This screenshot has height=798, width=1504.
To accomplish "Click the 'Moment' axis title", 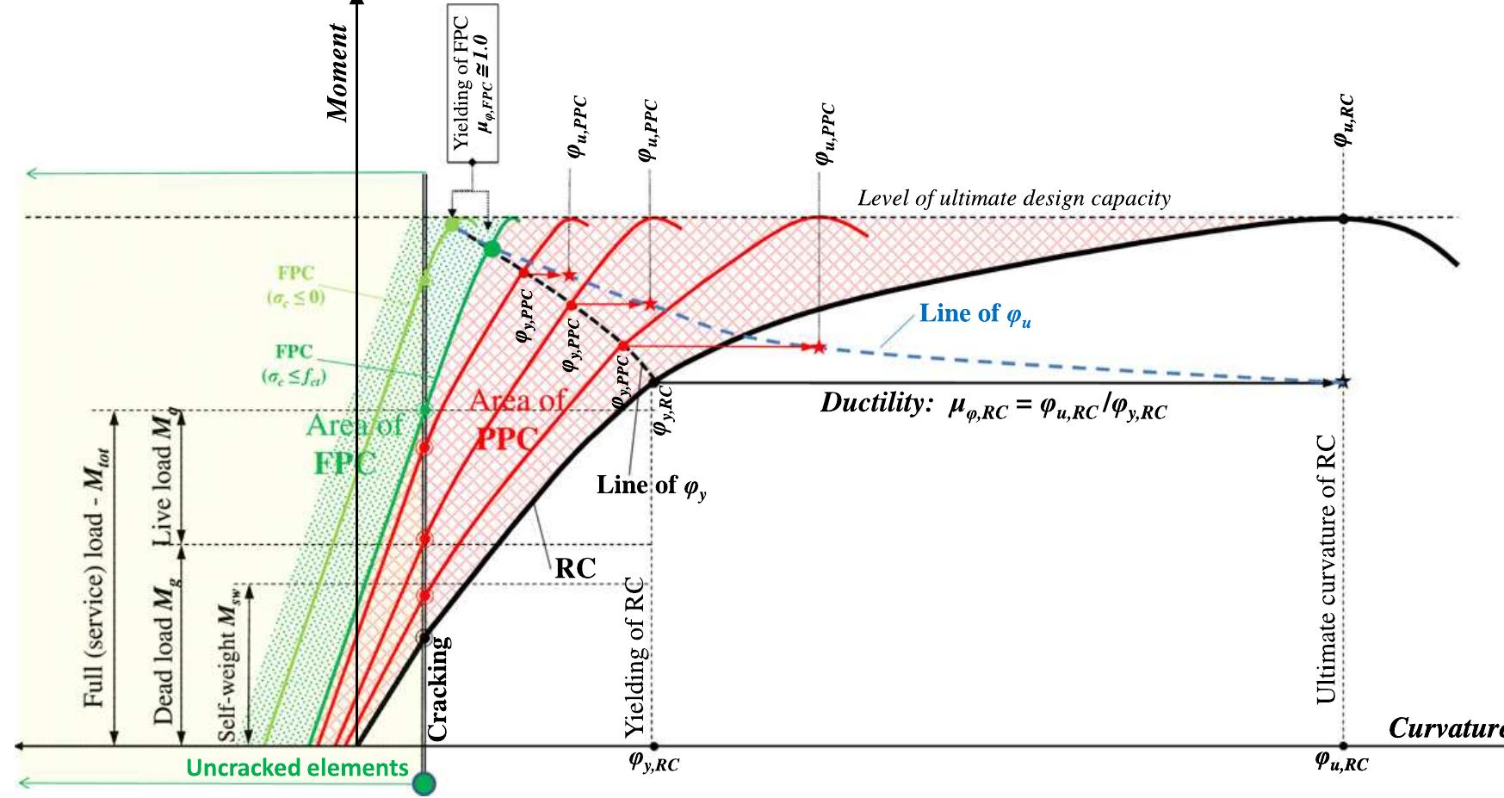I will coord(338,73).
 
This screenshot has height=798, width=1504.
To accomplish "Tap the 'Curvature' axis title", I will coord(1446,729).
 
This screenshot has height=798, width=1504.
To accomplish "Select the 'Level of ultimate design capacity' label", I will coord(1014,199).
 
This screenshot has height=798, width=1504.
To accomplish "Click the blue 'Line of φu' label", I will coord(975,314).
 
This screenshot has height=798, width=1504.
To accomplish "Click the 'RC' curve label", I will coord(576,567).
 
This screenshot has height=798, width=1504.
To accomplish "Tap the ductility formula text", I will coord(994,405).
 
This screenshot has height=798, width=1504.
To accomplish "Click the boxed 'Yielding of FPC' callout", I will coord(473,84).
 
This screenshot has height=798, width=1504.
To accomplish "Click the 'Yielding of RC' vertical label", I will coord(634,654).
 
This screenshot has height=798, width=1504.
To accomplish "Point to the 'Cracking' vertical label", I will coord(438,689).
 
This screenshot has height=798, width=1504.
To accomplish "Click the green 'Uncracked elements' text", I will coord(297,768).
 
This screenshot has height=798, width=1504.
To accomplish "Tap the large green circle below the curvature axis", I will coord(424,783).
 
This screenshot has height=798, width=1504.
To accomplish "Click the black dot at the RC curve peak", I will coord(1342,218).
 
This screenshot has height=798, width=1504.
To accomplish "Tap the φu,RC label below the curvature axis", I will coord(1341,761).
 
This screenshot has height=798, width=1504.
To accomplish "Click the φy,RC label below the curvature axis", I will coord(653,763).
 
